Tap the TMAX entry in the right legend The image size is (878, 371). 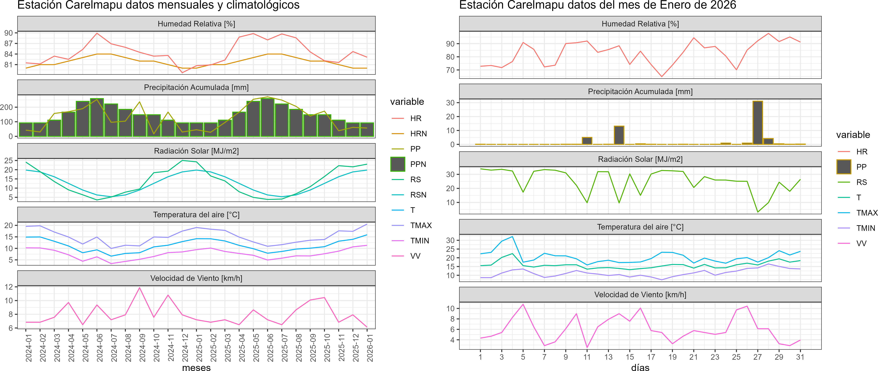[866, 213]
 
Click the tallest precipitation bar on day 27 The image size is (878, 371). [758, 123]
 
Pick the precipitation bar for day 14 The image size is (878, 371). [619, 135]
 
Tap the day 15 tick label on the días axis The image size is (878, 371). [630, 357]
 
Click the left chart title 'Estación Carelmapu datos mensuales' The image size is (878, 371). [159, 5]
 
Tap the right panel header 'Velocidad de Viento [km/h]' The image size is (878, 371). [640, 295]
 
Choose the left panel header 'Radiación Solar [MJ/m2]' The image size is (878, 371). [196, 151]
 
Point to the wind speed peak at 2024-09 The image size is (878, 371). [139, 288]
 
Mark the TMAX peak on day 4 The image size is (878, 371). [512, 236]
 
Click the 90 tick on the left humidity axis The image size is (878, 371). [8, 33]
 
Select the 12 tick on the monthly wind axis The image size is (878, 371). [8, 287]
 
